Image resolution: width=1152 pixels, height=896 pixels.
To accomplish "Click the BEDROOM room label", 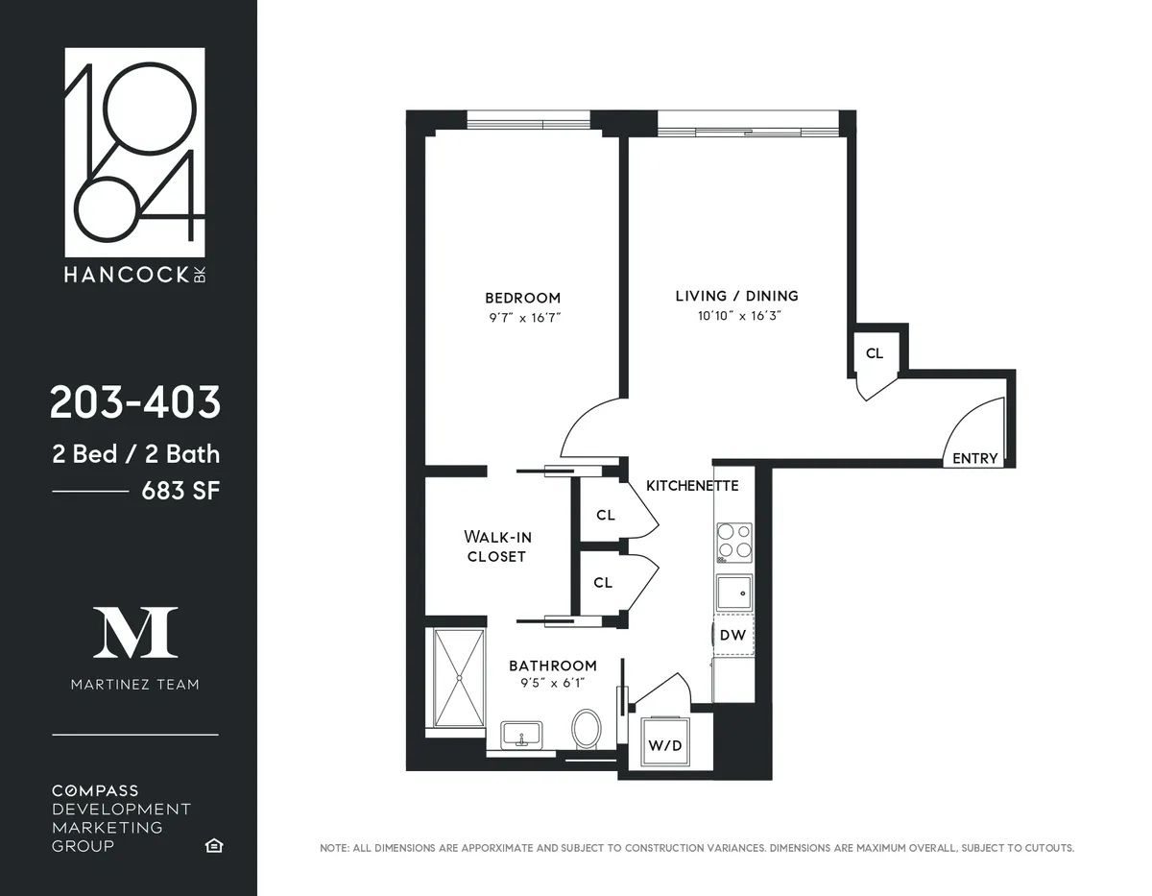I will click(x=522, y=298).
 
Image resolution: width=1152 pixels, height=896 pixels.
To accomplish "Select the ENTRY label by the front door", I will click(x=974, y=458).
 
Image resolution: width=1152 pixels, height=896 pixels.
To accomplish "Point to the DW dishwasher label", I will click(x=732, y=635).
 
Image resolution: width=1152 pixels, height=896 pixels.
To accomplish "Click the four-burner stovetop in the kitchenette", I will click(x=734, y=543).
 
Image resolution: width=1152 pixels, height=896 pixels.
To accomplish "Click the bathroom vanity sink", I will click(x=521, y=736).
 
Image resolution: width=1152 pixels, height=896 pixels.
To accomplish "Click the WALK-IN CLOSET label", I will click(x=496, y=545).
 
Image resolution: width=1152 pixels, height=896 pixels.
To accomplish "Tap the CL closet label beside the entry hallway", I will click(x=874, y=353).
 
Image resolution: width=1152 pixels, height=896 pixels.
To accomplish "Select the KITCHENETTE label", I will click(x=692, y=486).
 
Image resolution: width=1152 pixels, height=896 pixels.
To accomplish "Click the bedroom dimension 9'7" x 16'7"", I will click(x=522, y=316).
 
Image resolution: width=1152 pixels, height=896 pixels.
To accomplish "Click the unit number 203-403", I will click(x=135, y=402).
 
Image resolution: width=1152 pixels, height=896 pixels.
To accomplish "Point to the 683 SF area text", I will click(x=180, y=491).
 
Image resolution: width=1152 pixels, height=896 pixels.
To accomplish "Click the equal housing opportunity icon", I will click(x=213, y=845).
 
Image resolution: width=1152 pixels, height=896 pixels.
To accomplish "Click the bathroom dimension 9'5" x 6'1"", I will click(x=552, y=683).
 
